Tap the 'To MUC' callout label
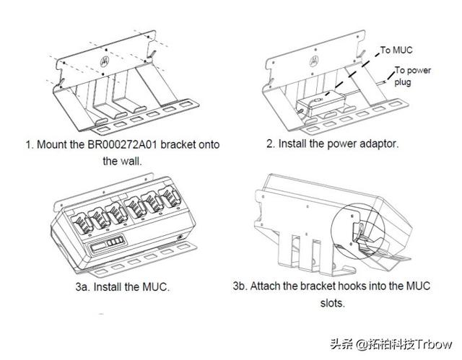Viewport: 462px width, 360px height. (x=397, y=50)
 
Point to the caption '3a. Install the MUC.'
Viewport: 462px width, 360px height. (x=123, y=287)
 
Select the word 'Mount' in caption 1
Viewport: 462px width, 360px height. (x=56, y=144)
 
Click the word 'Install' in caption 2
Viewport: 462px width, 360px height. (x=294, y=144)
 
